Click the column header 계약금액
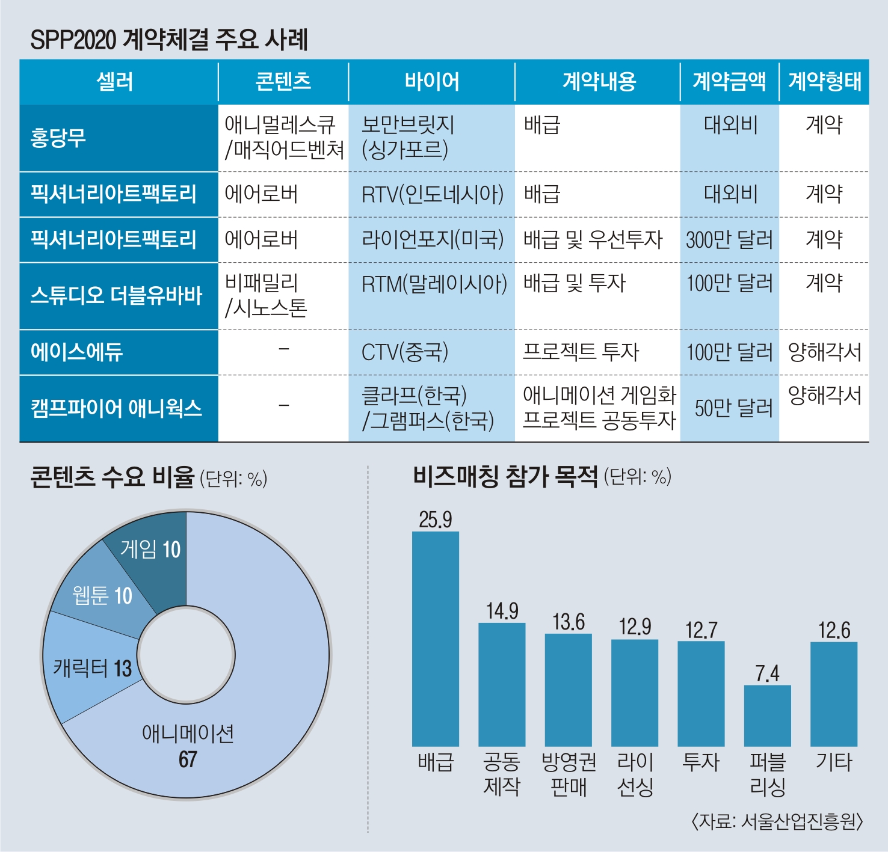coord(729,81)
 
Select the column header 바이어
coord(431,81)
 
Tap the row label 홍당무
coord(58,138)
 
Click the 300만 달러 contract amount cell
coord(729,240)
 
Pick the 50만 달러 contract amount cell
coord(733,408)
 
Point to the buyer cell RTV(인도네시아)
coord(432,194)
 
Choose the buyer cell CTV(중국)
coord(404,352)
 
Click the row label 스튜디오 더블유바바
coord(116,296)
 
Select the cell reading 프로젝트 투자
coord(580,352)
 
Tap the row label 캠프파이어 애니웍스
coord(116,408)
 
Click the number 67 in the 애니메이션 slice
coord(188,759)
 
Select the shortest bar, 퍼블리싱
coord(767,716)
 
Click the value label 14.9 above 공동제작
coord(502,611)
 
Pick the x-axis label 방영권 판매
coord(568,774)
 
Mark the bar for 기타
coord(833,694)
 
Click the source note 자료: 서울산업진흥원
coord(777,821)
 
